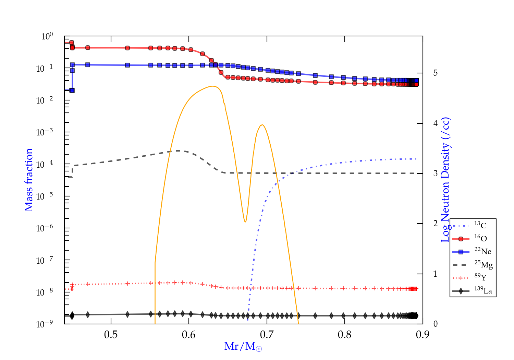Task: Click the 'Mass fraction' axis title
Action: coord(29,180)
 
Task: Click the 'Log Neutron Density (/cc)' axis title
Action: coord(445,180)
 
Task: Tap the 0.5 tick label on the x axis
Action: coord(111,335)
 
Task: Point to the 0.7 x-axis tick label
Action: coord(267,335)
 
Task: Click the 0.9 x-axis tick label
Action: coord(423,335)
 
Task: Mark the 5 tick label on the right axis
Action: coord(436,73)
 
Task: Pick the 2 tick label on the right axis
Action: coord(436,224)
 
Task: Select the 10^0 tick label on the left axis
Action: coord(47,36)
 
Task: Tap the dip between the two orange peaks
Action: coord(245,222)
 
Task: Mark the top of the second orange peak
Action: coord(262,125)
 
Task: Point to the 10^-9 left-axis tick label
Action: coord(45,324)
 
